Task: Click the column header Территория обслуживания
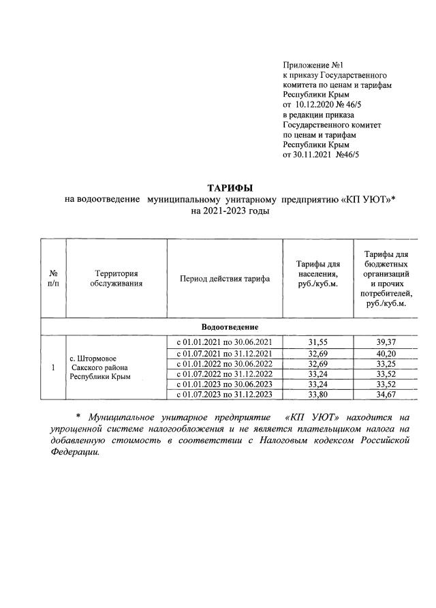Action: (x=116, y=278)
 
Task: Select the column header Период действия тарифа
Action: (x=225, y=278)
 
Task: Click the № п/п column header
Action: (x=53, y=278)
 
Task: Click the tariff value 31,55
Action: (x=317, y=341)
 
